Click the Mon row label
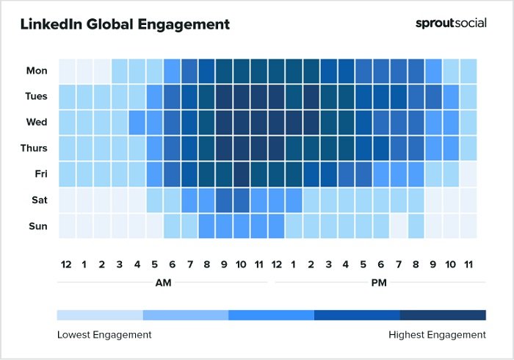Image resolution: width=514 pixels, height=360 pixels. coord(37,71)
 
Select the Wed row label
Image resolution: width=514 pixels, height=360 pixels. coord(37,122)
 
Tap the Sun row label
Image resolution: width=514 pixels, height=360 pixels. coord(37,226)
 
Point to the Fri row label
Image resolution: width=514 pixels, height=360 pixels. coord(40,174)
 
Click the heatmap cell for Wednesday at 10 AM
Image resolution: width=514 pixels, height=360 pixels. coord(242,122)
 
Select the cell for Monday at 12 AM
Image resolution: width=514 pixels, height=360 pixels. coord(66,71)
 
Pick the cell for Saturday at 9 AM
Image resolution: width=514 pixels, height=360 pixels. coord(224,200)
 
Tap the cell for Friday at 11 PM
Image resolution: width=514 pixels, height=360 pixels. coord(468,174)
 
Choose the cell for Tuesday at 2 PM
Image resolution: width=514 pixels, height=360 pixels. coord(311,96)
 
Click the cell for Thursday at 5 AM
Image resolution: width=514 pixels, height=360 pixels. coord(154,148)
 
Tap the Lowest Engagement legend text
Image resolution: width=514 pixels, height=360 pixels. coord(104,334)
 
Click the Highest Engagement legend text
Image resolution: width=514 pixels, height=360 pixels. coord(437,334)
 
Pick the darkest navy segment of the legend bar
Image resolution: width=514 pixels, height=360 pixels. coord(443,315)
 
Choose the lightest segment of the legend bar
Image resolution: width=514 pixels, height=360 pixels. coord(100,315)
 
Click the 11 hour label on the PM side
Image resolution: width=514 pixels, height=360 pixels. coord(468,263)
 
